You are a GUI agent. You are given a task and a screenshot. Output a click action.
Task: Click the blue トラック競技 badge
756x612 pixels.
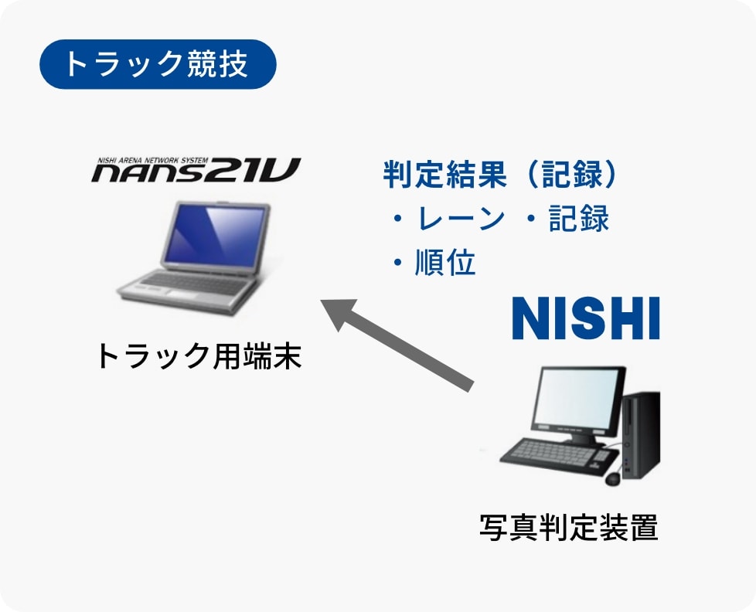pos(158,64)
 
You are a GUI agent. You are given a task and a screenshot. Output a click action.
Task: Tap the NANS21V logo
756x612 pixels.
pos(196,170)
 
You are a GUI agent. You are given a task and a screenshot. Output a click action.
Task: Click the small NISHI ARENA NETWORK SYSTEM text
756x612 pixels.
pos(153,161)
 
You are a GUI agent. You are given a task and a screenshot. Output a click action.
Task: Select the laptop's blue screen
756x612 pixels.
pos(215,236)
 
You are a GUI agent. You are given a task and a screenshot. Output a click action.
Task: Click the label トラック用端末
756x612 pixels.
pos(199,356)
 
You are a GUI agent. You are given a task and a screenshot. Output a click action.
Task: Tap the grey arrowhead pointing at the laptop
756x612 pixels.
pos(340,312)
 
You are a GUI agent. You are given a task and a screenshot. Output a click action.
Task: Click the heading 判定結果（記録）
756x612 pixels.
pos(500,174)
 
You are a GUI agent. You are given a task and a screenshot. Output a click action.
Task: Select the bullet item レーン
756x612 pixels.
pos(460,219)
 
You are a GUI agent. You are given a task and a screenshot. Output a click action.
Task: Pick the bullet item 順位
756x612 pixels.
pos(445,263)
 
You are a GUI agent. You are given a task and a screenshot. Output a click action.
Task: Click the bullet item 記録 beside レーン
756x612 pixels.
pos(579,219)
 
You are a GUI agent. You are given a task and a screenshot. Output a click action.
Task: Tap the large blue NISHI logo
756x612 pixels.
pos(586,318)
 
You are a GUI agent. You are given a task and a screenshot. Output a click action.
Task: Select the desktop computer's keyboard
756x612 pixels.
pos(560,453)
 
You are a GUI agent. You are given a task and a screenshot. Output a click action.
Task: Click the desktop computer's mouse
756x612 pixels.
pos(613,478)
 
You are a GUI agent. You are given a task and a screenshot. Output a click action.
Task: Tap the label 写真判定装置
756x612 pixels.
pos(569,527)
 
